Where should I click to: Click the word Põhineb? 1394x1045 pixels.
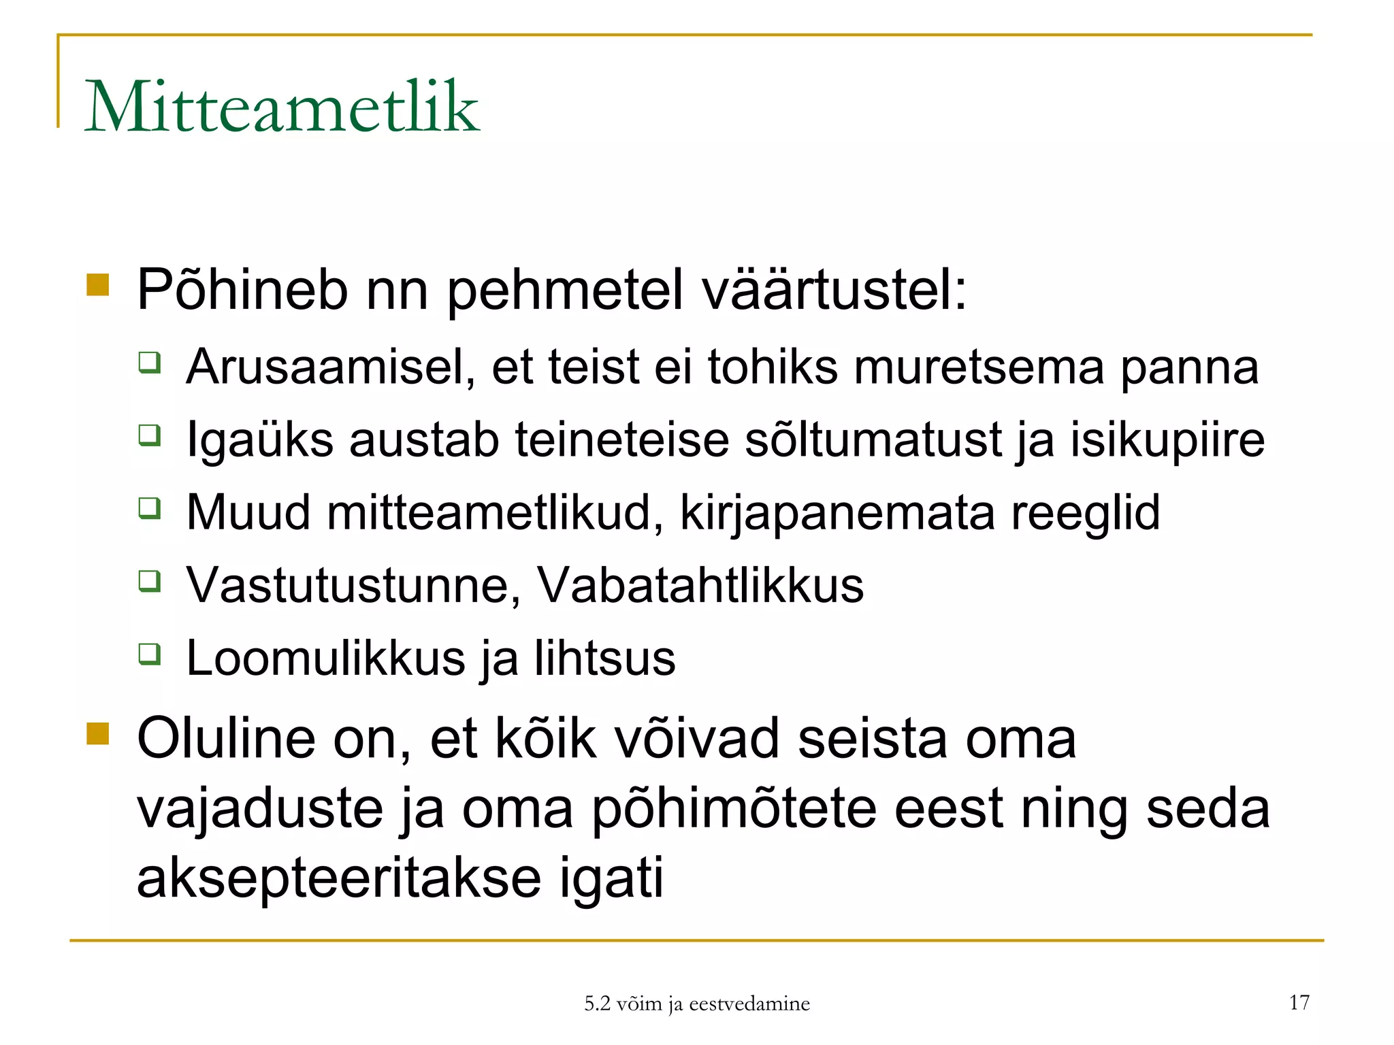pos(242,291)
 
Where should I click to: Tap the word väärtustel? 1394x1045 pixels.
pos(834,291)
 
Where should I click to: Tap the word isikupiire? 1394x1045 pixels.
pos(1167,440)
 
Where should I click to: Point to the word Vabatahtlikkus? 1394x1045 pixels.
pos(700,585)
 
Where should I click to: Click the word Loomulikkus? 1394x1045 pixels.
pos(326,658)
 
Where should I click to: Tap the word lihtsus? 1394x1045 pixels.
pos(604,658)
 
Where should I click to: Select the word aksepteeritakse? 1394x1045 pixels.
pos(339,878)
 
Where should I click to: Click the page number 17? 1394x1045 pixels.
pos(1299,1002)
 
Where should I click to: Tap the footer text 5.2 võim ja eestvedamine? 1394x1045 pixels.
pos(697,1003)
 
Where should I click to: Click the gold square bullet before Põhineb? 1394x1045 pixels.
pos(98,285)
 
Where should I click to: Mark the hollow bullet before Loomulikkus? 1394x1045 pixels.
pos(150,654)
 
